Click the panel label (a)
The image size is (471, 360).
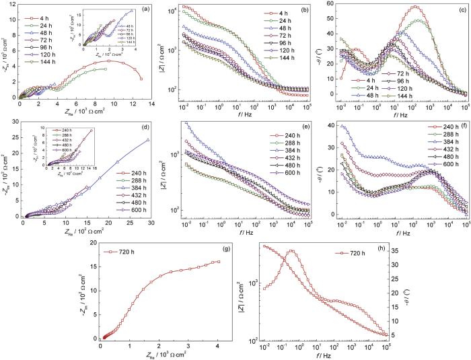(145, 9)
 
